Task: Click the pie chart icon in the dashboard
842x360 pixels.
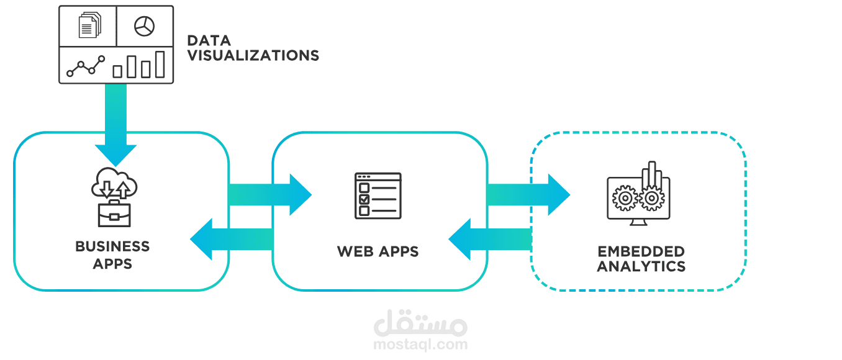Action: point(144,26)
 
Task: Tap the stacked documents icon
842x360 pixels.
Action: point(90,25)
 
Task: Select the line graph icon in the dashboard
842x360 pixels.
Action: point(86,66)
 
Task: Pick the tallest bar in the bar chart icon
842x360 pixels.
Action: point(160,65)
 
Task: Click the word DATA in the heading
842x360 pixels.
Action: point(209,40)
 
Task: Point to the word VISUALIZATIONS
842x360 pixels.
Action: point(253,56)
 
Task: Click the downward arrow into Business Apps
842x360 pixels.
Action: point(115,125)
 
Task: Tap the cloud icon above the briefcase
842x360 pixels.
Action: point(114,183)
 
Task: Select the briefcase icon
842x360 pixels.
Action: point(114,214)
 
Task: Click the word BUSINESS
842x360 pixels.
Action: point(112,246)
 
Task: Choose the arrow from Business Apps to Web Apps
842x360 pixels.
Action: point(270,195)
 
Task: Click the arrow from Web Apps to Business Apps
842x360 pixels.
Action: point(232,240)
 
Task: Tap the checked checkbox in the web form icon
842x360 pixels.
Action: point(364,199)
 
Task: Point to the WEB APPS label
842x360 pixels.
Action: point(378,251)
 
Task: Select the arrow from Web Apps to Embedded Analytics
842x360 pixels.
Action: point(528,195)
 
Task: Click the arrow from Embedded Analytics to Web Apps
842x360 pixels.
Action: point(490,240)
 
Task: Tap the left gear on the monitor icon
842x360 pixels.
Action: point(625,198)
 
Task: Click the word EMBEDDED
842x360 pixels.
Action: point(641,251)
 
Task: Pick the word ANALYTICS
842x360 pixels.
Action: point(641,266)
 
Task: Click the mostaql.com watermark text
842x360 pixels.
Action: point(420,344)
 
